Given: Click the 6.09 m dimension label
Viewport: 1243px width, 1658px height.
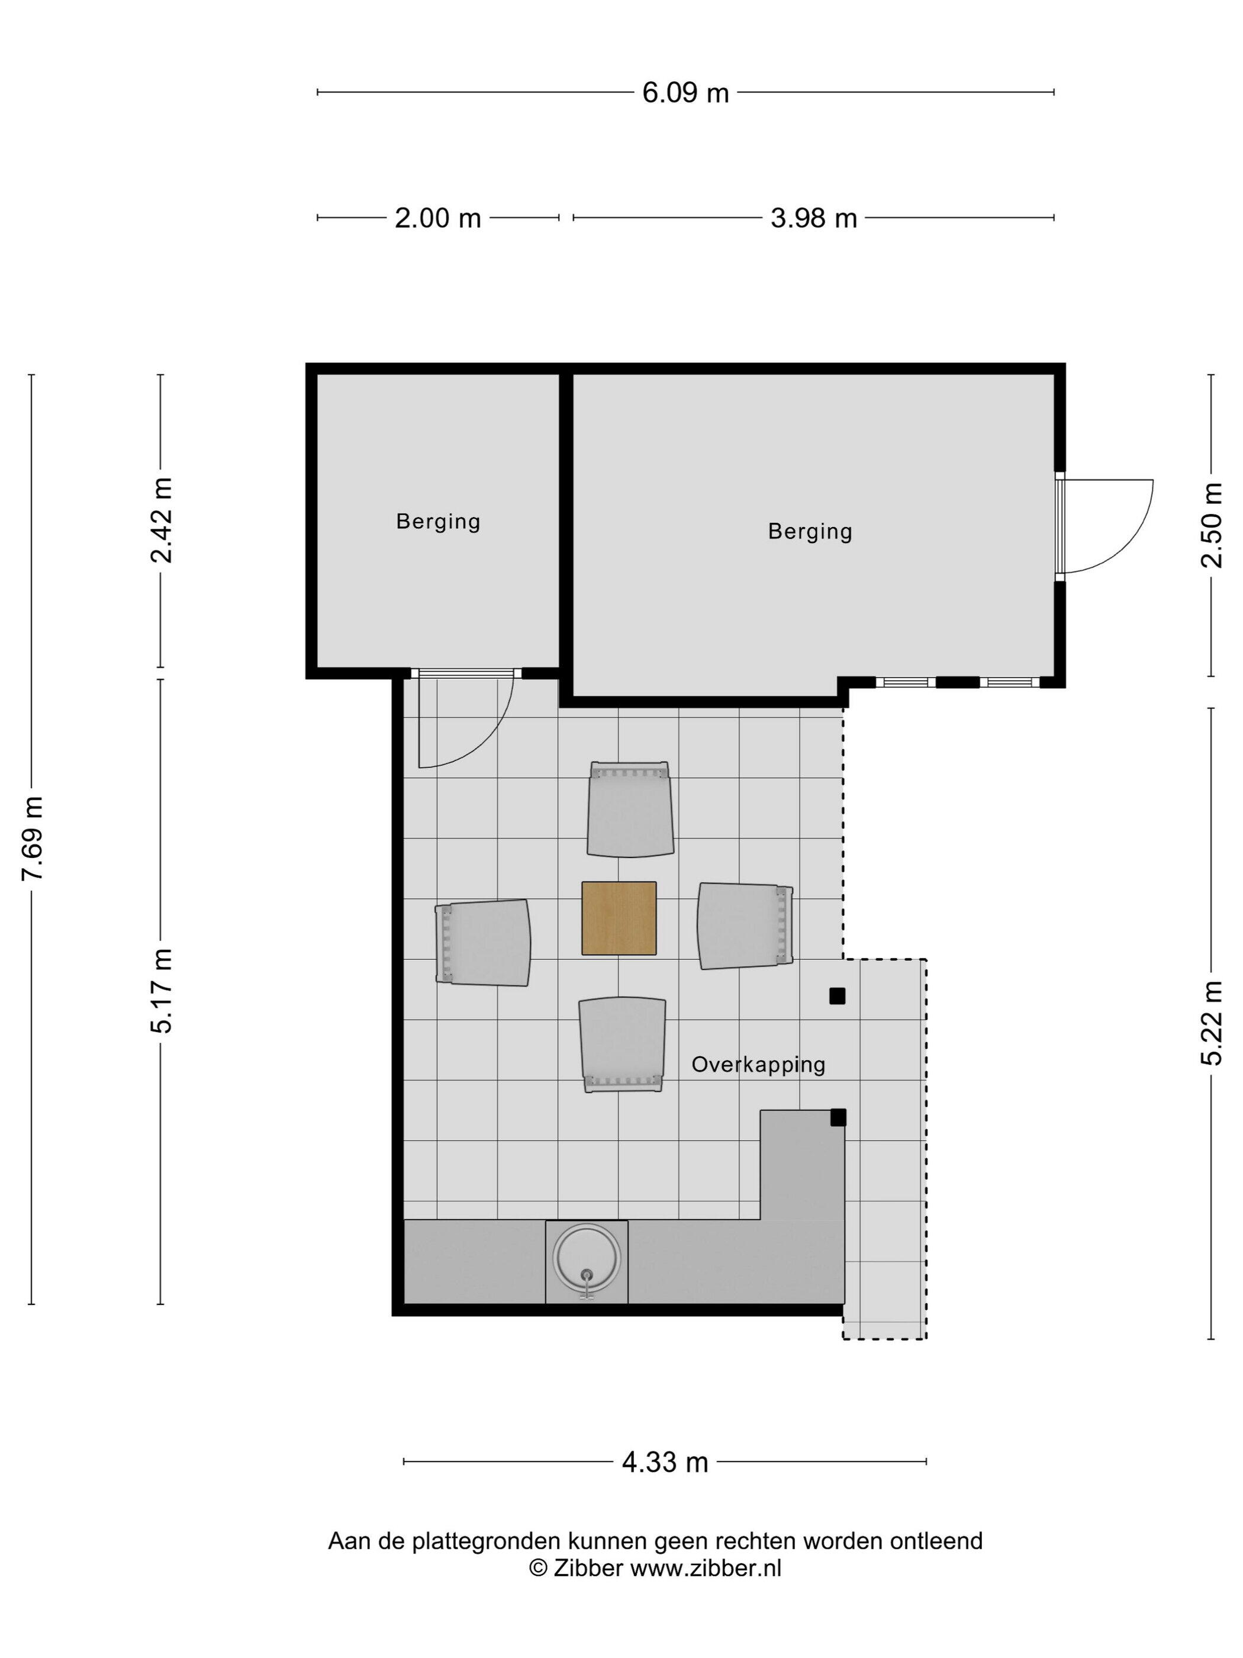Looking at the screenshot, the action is click(685, 92).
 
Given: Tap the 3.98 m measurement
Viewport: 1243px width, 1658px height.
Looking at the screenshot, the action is click(814, 218).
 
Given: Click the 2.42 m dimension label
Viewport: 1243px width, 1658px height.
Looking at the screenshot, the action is click(162, 520).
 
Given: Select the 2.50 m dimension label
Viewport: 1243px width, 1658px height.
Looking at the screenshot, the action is click(1212, 525).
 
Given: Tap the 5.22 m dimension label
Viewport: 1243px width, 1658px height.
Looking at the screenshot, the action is click(1212, 1023).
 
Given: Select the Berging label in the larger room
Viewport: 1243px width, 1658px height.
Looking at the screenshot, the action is click(810, 531).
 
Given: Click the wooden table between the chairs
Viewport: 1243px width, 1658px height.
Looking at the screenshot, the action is click(619, 918).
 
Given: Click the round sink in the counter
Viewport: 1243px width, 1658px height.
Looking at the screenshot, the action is click(587, 1259).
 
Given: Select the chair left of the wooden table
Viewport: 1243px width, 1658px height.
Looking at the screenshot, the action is click(483, 942).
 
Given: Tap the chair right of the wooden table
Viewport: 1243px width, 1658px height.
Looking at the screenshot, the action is click(745, 926).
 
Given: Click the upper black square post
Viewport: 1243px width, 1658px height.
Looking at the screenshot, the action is click(837, 996).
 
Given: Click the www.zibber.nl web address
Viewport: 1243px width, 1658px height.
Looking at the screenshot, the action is click(705, 1568).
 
